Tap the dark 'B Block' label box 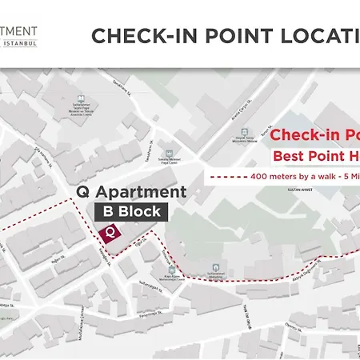130,212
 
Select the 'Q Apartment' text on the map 130,192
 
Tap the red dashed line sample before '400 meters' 227,176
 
